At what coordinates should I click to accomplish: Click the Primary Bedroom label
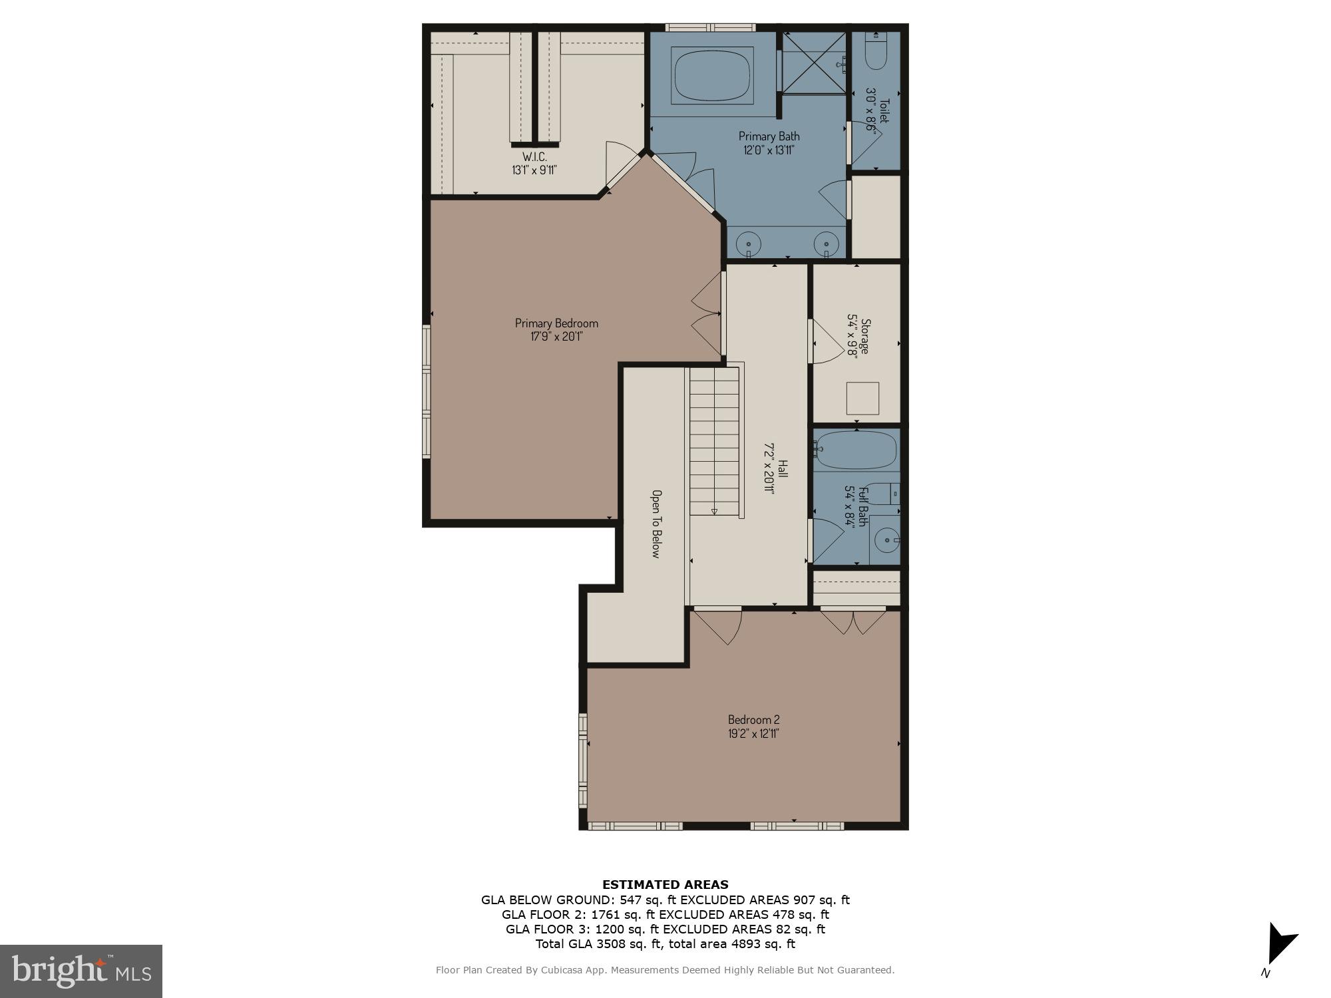[556, 323]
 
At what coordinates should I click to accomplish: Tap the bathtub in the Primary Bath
[712, 75]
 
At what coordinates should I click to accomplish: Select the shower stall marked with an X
[813, 63]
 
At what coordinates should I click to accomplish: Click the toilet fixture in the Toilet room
[876, 53]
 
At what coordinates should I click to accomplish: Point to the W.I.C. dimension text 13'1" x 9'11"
[534, 170]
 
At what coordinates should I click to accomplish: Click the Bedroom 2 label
[753, 720]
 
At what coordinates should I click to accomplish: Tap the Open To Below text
[656, 524]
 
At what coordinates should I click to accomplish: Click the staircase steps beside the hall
[714, 442]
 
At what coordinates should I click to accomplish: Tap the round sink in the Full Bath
[885, 541]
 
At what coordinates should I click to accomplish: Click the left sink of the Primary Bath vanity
[749, 241]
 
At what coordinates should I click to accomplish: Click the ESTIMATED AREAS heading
[665, 885]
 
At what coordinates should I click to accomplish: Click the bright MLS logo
[81, 971]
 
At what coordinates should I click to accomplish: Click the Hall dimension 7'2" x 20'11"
[769, 468]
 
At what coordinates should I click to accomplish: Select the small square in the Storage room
[862, 399]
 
